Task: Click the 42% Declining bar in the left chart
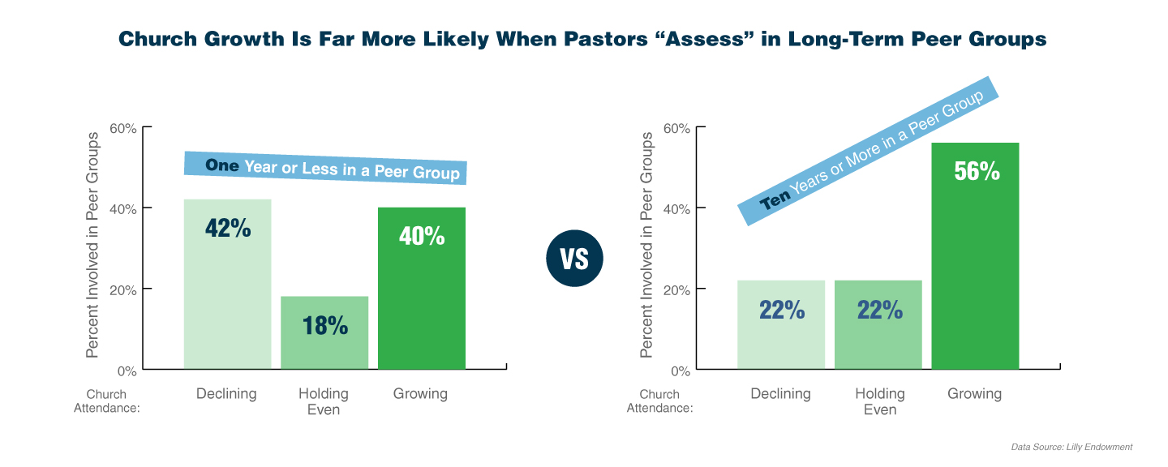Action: tap(227, 284)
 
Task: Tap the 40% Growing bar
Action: tap(422, 288)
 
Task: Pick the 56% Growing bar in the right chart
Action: tap(975, 255)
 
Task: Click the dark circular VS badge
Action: tap(575, 259)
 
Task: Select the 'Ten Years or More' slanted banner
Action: tap(867, 151)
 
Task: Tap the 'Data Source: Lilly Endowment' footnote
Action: tap(1071, 447)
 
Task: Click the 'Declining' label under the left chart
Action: tap(226, 394)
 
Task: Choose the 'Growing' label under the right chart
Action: tap(974, 394)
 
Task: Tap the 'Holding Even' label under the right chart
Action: tap(879, 401)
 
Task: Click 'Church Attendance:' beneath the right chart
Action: tap(659, 401)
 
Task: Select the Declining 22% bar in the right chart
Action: tap(780, 324)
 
